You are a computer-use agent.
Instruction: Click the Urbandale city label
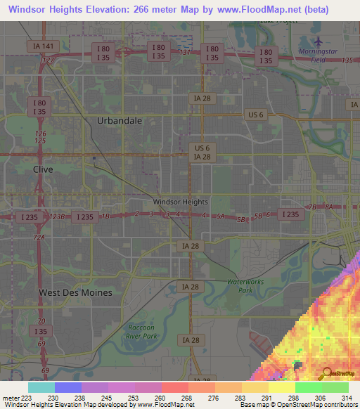tap(120, 121)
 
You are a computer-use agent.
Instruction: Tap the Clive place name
tap(43, 169)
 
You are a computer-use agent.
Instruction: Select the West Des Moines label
tap(75, 292)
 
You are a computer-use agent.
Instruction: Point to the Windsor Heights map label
tap(181, 202)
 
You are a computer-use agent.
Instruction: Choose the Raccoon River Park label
tap(147, 331)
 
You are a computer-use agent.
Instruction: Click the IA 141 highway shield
tap(43, 46)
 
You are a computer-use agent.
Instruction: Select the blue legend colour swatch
tap(68, 387)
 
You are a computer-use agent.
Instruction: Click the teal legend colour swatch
tap(41, 387)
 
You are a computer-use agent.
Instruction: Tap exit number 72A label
tap(38, 238)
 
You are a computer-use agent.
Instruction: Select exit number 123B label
tap(58, 216)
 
